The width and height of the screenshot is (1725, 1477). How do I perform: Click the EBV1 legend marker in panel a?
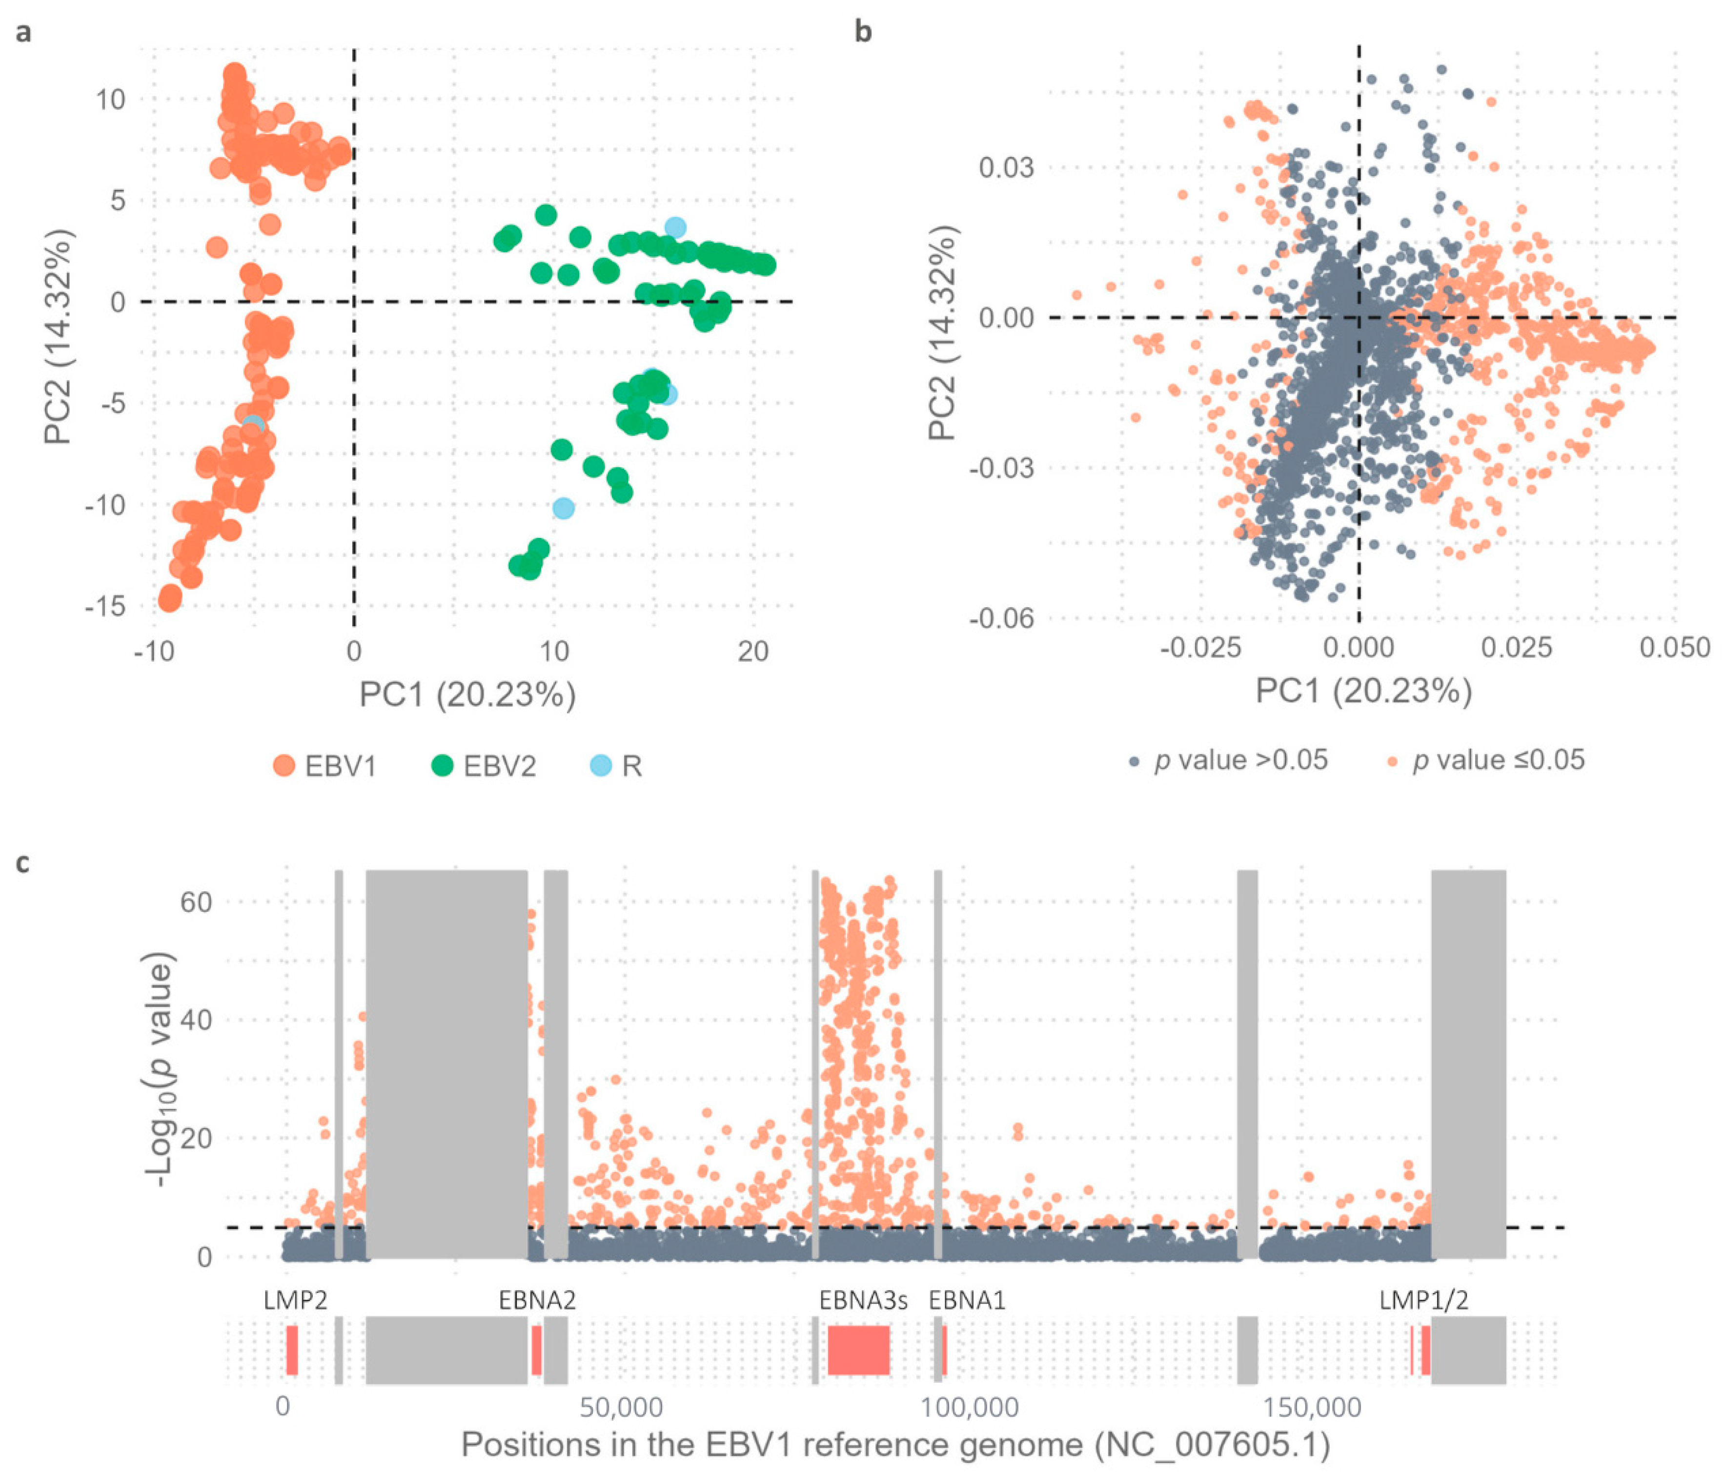pyautogui.click(x=284, y=765)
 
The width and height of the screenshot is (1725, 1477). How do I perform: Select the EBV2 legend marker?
pyautogui.click(x=442, y=765)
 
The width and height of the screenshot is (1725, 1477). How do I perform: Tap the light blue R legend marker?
pyautogui.click(x=600, y=765)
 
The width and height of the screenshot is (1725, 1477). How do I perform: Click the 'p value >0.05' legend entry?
pyautogui.click(x=1228, y=760)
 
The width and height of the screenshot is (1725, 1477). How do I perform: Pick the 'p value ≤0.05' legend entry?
pyautogui.click(x=1486, y=760)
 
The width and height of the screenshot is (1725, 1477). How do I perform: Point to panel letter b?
pyautogui.click(x=863, y=32)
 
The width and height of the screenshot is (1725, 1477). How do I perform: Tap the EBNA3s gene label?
pyautogui.click(x=863, y=1300)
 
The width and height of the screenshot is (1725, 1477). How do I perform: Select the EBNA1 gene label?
pyautogui.click(x=967, y=1300)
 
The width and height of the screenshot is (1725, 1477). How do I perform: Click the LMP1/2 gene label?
pyautogui.click(x=1423, y=1300)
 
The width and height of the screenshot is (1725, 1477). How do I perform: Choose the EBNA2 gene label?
pyautogui.click(x=537, y=1300)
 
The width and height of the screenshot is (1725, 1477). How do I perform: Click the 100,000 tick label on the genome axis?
pyautogui.click(x=969, y=1407)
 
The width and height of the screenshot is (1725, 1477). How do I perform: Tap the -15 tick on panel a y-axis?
pyautogui.click(x=105, y=606)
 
